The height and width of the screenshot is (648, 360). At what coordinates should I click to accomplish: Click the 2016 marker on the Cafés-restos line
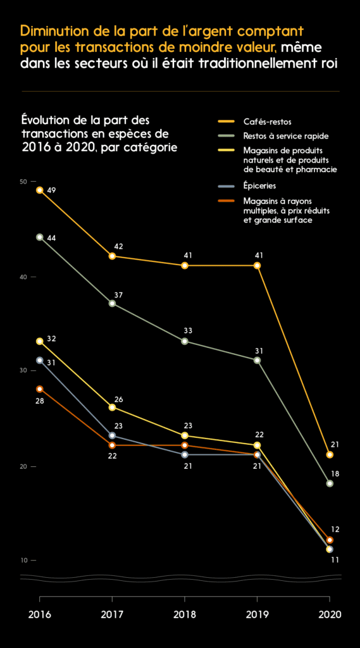point(40,190)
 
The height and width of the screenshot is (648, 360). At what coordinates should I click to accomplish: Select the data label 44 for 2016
point(52,238)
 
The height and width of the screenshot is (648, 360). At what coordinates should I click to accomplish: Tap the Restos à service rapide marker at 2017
point(112,304)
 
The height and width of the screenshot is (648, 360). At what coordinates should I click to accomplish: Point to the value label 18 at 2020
point(335,473)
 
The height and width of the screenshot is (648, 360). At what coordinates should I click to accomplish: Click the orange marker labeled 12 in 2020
point(330,540)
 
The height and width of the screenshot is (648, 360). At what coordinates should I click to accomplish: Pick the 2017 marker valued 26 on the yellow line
point(112,408)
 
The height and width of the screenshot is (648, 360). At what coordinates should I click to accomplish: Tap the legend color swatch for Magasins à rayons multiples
point(227,202)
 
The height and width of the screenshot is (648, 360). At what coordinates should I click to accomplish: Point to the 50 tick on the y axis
point(23,182)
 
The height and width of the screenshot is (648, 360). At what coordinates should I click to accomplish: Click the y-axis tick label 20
point(23,466)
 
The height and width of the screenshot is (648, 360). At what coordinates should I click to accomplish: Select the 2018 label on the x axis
point(185,614)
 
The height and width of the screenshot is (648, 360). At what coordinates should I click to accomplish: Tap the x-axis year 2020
point(330,614)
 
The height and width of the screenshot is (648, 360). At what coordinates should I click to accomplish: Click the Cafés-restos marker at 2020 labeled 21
point(330,454)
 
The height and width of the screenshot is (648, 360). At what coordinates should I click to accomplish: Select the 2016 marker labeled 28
point(40,389)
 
